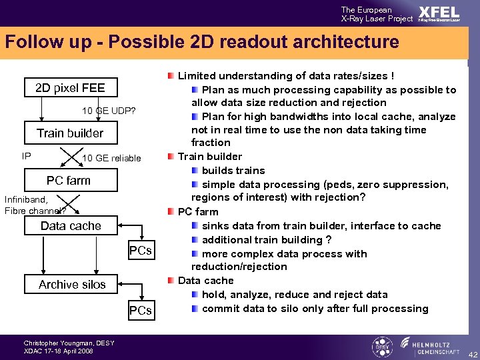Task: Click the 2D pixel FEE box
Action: [x=70, y=87]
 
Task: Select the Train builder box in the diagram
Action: [x=70, y=133]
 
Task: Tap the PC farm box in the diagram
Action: [x=69, y=180]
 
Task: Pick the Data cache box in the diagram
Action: [x=71, y=226]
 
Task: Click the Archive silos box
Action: [x=72, y=285]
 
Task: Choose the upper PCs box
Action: [x=140, y=251]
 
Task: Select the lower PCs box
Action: [x=140, y=310]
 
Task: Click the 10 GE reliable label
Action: [x=111, y=158]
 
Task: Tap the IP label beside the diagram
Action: [x=27, y=156]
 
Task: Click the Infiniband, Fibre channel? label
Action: [x=33, y=205]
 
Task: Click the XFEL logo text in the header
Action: [x=439, y=13]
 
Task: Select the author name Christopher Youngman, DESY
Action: [x=69, y=343]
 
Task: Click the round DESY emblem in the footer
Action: [x=381, y=347]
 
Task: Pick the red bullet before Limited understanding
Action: [x=171, y=76]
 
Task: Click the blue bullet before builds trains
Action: [x=195, y=171]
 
